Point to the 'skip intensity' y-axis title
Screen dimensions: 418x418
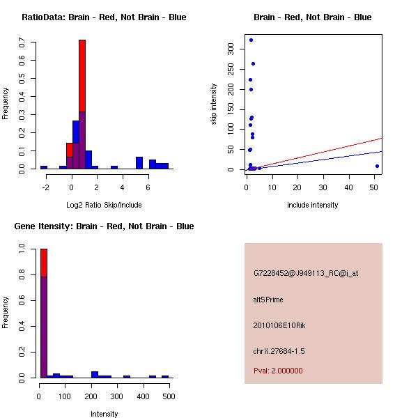pyautogui.click(x=214, y=104)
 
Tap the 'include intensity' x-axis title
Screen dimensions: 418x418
pyautogui.click(x=313, y=205)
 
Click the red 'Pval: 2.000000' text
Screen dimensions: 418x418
pyautogui.click(x=278, y=371)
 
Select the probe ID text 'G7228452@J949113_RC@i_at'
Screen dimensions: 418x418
pyautogui.click(x=306, y=274)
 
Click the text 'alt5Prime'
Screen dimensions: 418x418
pyautogui.click(x=268, y=300)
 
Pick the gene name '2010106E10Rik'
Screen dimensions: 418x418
pyautogui.click(x=277, y=325)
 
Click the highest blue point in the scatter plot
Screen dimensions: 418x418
pyautogui.click(x=251, y=40)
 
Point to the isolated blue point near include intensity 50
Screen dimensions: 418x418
pyautogui.click(x=377, y=166)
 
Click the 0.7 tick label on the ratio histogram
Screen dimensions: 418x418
pyautogui.click(x=23, y=43)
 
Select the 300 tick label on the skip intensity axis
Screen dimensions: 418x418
pyautogui.click(x=231, y=48)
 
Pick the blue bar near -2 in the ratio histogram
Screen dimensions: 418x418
pyautogui.click(x=44, y=167)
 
